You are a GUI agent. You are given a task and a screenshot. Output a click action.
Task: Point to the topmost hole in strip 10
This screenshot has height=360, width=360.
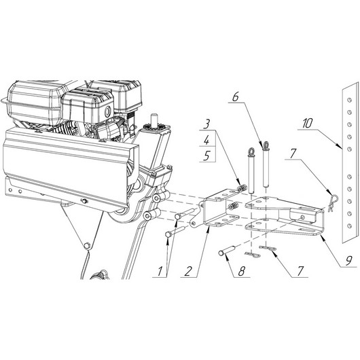347,100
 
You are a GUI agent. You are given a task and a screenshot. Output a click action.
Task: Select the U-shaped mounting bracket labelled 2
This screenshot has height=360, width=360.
217,211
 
